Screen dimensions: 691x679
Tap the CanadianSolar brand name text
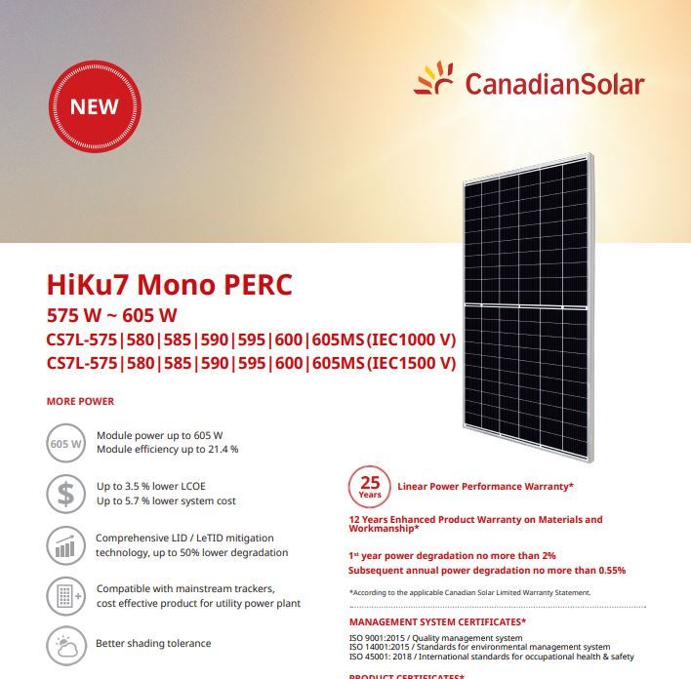554,84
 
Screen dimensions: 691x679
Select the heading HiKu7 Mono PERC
169,286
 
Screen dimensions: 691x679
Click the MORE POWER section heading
80,401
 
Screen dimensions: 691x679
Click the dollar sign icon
65,494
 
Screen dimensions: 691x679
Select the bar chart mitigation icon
65,544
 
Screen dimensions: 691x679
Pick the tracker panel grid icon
65,595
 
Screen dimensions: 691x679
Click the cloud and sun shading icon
65,644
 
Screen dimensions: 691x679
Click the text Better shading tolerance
153,644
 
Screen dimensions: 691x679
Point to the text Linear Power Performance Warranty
485,486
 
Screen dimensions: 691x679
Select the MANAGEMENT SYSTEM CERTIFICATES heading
437,621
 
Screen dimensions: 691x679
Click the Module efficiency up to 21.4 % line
167,450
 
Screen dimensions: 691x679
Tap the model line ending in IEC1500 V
252,364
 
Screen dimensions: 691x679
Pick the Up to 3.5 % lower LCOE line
151,486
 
